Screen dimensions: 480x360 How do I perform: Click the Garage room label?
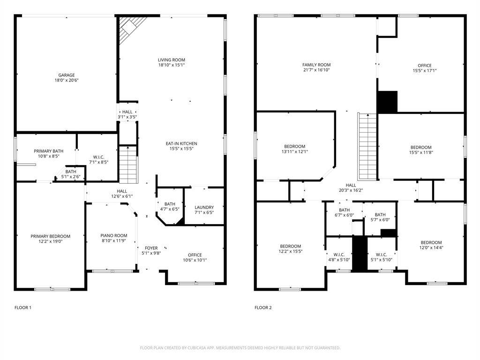[x=67, y=75]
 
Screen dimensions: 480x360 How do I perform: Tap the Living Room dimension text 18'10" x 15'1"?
[x=172, y=65]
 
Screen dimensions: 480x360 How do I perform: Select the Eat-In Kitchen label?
[x=181, y=143]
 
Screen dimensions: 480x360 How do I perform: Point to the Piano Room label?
[x=114, y=235]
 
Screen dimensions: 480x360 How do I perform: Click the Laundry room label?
[x=204, y=207]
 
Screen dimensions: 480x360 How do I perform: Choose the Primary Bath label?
[x=48, y=151]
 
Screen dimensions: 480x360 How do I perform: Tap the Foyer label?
[x=151, y=248]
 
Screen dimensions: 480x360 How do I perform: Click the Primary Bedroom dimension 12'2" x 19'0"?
[x=50, y=241]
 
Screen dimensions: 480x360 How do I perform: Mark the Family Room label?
[x=316, y=65]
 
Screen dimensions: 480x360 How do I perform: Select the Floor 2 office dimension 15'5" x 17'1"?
[x=425, y=70]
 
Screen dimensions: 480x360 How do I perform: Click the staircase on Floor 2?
[x=367, y=147]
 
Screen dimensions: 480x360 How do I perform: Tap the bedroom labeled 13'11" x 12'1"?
[x=294, y=149]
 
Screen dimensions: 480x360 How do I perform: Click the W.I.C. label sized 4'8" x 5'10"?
[x=339, y=257]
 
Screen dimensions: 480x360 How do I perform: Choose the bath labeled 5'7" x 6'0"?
[x=380, y=217]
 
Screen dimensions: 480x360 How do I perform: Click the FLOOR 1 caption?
[x=23, y=307]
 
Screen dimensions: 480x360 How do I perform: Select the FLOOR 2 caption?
[x=263, y=307]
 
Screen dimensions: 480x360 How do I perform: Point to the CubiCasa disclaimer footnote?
[x=240, y=348]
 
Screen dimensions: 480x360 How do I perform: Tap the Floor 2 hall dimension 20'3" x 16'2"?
[x=351, y=190]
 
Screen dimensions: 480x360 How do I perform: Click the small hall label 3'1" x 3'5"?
[x=127, y=117]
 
